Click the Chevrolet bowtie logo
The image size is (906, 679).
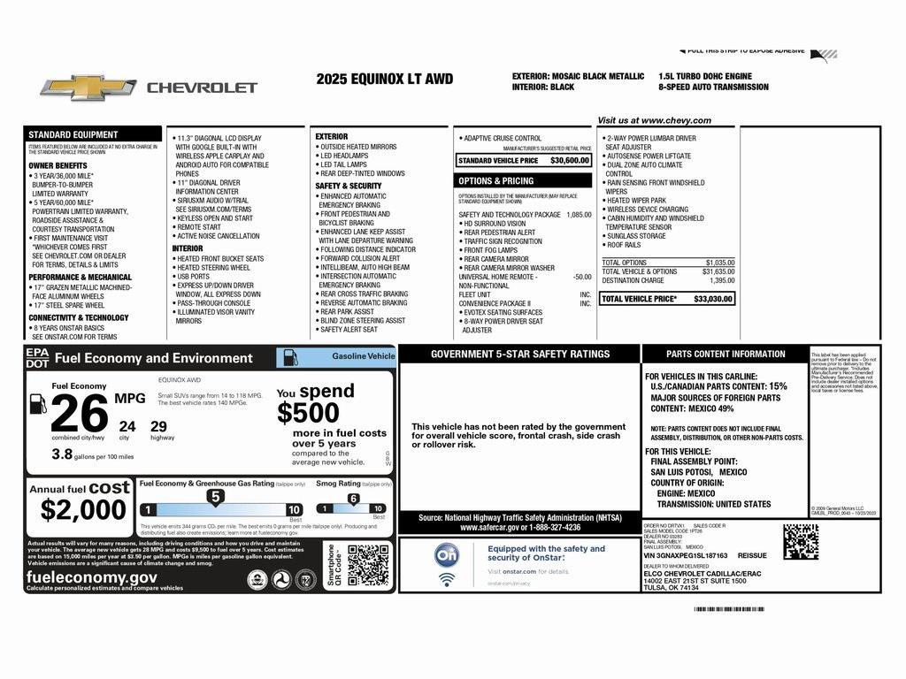[x=88, y=88]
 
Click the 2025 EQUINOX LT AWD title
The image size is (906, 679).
[x=384, y=79]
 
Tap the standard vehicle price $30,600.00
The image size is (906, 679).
[x=569, y=161]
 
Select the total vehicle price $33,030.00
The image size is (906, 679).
[x=713, y=299]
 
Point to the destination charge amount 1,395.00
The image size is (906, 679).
[x=721, y=280]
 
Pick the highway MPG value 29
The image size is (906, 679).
[x=159, y=426]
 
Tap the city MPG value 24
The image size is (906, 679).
[x=127, y=426]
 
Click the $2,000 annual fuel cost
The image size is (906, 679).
[x=83, y=510]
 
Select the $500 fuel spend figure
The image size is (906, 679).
[x=308, y=413]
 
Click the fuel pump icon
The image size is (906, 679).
[x=38, y=404]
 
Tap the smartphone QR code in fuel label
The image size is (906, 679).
[x=368, y=566]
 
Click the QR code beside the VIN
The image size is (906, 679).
[x=800, y=541]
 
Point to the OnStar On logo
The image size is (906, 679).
[x=447, y=555]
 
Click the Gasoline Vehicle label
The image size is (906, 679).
[x=363, y=355]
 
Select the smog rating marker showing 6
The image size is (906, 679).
[x=353, y=499]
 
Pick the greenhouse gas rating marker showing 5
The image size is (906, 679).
[x=214, y=498]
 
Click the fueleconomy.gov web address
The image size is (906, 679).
[x=92, y=576]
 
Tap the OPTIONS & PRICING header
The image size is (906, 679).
[x=496, y=180]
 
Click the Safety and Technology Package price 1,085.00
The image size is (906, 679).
[x=579, y=214]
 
